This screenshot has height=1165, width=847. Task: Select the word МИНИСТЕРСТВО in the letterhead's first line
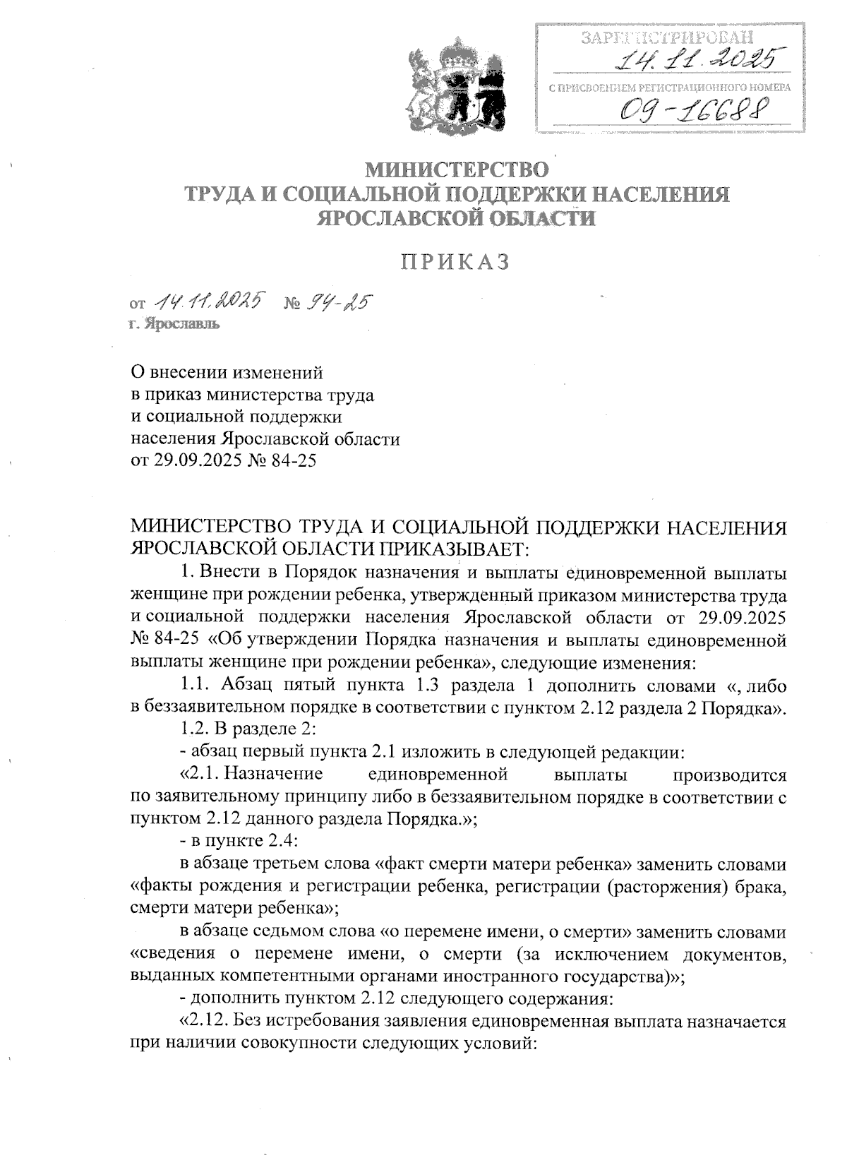(455, 170)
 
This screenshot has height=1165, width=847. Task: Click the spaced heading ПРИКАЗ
(455, 262)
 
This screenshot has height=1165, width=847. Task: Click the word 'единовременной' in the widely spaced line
(438, 775)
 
